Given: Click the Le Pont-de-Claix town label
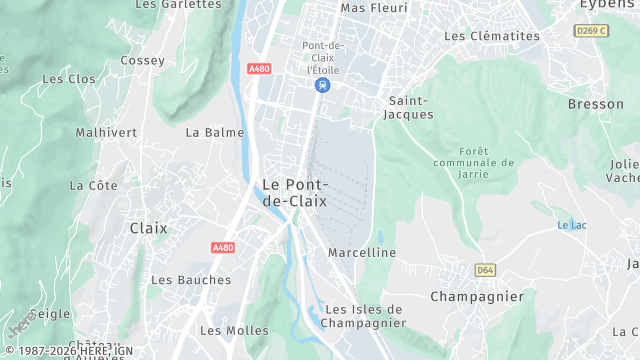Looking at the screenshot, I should pyautogui.click(x=294, y=192).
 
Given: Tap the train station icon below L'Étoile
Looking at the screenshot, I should pyautogui.click(x=321, y=87).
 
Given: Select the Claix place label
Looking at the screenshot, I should pyautogui.click(x=148, y=228).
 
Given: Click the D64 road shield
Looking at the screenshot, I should pyautogui.click(x=485, y=270).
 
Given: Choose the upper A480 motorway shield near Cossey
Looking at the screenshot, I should pyautogui.click(x=258, y=68).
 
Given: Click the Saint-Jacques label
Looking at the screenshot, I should pyautogui.click(x=410, y=107).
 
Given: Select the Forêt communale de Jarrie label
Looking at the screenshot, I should pyautogui.click(x=474, y=162).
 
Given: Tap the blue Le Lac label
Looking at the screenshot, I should pyautogui.click(x=571, y=225).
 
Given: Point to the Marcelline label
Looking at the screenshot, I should pyautogui.click(x=362, y=253).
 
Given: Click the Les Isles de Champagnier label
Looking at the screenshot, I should pyautogui.click(x=364, y=316).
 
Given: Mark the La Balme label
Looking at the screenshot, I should pyautogui.click(x=208, y=132).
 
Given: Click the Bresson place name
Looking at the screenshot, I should pyautogui.click(x=595, y=104).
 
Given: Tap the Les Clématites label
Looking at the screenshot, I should pyautogui.click(x=491, y=36).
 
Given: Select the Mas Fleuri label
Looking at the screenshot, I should pyautogui.click(x=374, y=8).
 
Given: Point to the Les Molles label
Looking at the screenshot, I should pyautogui.click(x=234, y=330).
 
